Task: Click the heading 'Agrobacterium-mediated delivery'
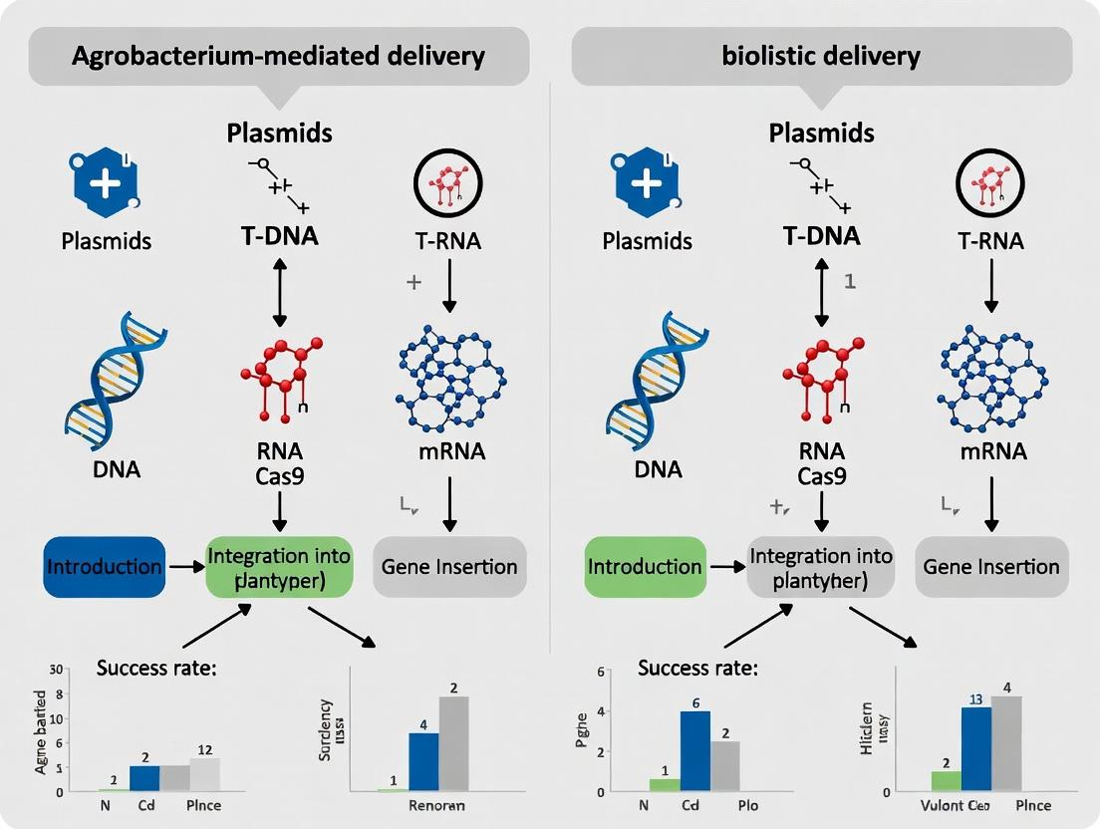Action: click(278, 55)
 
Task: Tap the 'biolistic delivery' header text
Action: click(821, 55)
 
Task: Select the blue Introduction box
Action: click(105, 567)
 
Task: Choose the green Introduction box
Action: click(645, 567)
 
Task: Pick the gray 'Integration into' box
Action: click(821, 567)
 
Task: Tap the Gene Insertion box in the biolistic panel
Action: click(990, 567)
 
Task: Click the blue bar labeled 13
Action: click(975, 748)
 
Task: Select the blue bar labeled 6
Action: click(693, 751)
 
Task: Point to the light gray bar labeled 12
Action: click(204, 775)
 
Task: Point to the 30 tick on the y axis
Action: click(56, 670)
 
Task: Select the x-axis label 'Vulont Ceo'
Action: click(956, 805)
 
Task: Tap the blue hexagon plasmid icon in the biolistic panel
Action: click(645, 184)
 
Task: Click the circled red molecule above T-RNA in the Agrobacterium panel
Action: click(447, 184)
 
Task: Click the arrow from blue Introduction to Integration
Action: click(184, 567)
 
